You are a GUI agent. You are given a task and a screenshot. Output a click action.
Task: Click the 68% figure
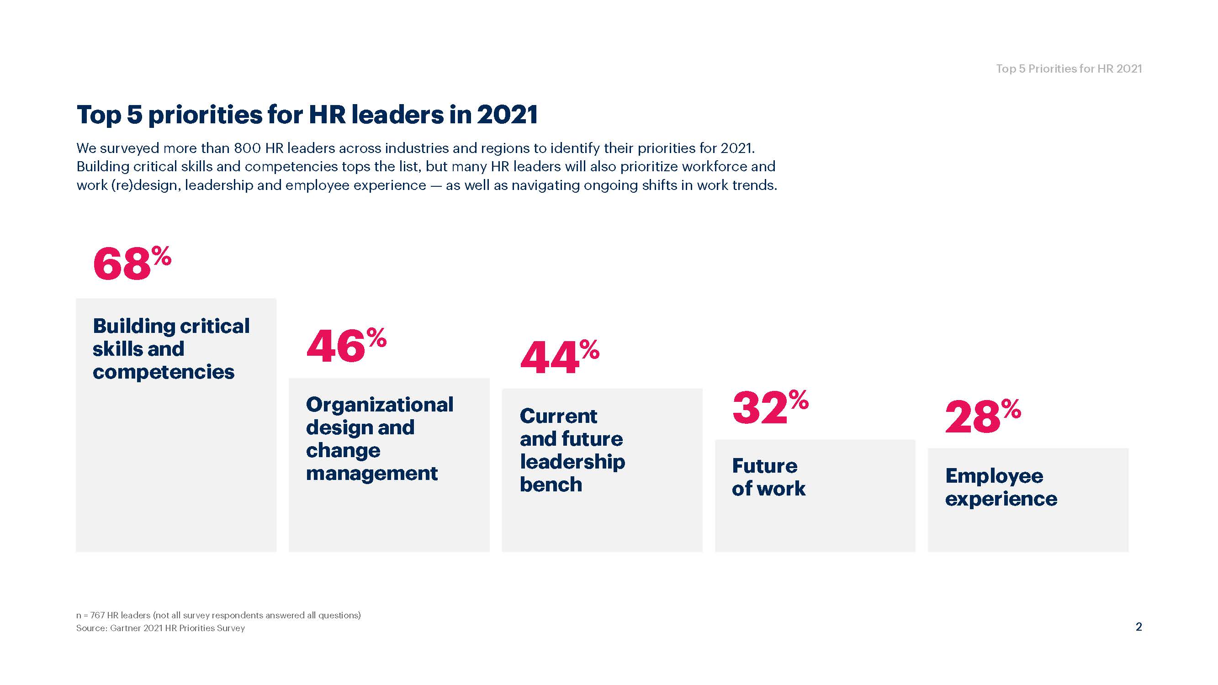coord(132,263)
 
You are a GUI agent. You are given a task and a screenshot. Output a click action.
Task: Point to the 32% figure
coord(770,407)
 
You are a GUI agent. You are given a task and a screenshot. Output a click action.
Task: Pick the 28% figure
coord(983,416)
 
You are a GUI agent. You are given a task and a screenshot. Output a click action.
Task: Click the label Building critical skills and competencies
coord(171,349)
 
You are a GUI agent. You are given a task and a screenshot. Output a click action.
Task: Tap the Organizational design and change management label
coord(379,439)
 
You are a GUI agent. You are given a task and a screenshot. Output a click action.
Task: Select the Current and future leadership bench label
coord(572,450)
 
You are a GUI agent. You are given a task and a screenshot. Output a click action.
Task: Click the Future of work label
coord(768,477)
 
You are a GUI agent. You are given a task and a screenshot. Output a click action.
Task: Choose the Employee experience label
coord(1001,487)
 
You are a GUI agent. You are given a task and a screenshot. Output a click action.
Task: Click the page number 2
coord(1139,627)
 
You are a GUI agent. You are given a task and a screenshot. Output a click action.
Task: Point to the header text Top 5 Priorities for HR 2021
coord(1069,69)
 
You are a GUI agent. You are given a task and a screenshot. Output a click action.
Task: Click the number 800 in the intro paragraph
coord(247,148)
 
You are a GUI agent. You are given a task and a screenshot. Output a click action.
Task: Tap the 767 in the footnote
coord(97,615)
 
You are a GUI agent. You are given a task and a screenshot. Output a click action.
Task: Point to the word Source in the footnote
coord(91,628)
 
